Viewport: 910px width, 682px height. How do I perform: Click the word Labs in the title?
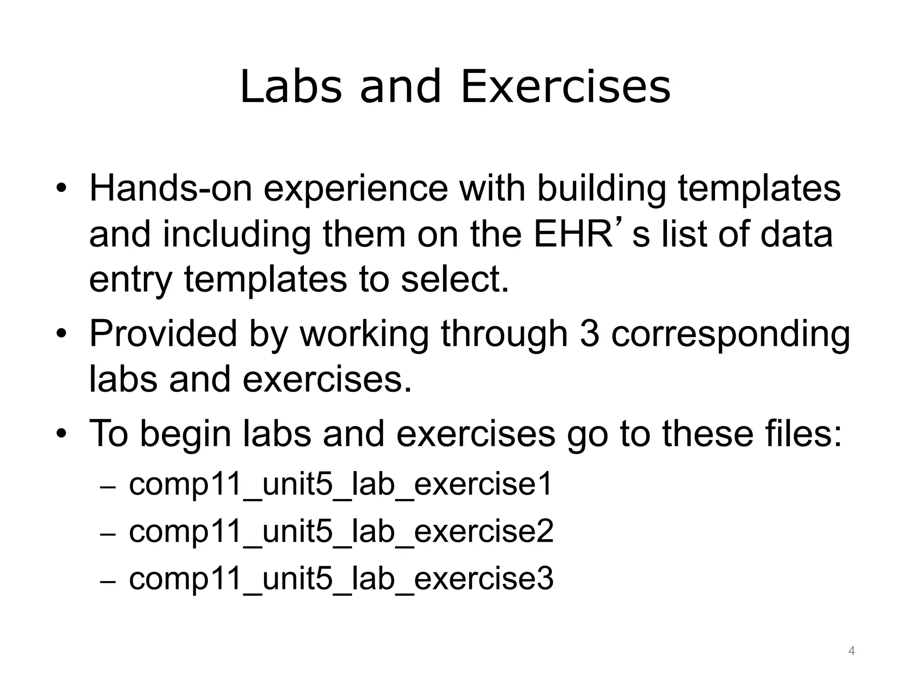coord(291,87)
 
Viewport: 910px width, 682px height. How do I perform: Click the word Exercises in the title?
coord(565,87)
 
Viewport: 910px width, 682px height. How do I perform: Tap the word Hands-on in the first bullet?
coord(171,189)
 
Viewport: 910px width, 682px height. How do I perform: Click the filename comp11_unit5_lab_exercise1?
coord(340,485)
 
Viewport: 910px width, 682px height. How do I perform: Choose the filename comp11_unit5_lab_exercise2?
coord(341,532)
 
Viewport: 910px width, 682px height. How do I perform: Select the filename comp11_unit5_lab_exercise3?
coord(341,579)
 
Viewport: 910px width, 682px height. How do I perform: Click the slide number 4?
coord(851,651)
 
